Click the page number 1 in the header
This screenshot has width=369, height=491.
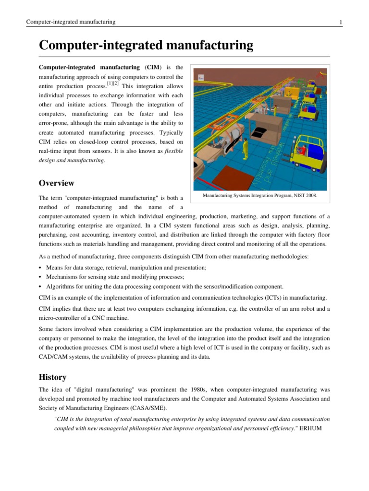point(340,22)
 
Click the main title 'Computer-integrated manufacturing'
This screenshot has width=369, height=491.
point(146,46)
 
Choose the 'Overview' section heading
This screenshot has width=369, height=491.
point(57,183)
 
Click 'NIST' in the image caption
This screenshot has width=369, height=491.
point(294,196)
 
